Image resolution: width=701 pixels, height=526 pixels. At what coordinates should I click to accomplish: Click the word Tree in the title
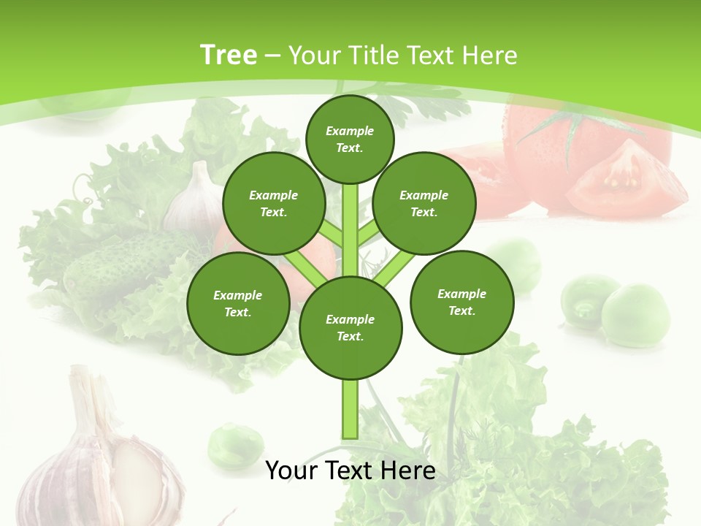point(229,55)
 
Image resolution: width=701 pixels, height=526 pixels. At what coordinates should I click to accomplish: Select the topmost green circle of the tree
point(350,139)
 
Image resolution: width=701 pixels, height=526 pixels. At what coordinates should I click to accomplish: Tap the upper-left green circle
point(273,204)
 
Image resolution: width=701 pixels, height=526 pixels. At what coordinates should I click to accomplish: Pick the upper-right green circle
point(424,204)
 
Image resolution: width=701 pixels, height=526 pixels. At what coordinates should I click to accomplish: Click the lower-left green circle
point(237,304)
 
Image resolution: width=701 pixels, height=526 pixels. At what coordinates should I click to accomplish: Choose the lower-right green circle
point(461,302)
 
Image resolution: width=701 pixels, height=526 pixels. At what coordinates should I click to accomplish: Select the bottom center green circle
point(350,328)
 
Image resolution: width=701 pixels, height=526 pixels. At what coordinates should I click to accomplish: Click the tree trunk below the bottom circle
point(350,409)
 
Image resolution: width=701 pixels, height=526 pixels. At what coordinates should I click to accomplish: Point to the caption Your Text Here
point(350,470)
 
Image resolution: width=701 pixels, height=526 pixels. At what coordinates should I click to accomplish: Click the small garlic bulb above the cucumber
point(191,199)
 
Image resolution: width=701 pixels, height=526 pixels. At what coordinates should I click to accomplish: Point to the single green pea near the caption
point(235,444)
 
